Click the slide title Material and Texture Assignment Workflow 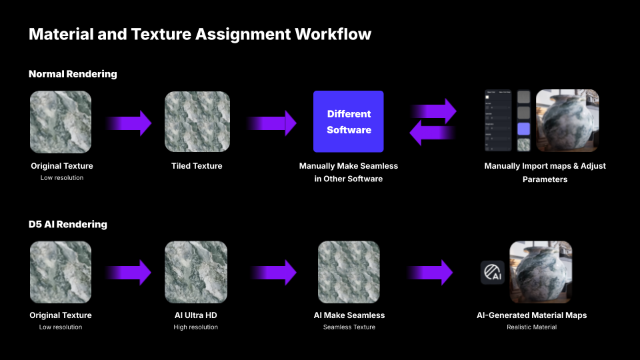[x=200, y=33]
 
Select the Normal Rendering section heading [x=73, y=74]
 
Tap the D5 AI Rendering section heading [x=68, y=225]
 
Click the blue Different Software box [x=349, y=121]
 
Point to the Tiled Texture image [x=197, y=121]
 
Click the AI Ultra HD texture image [x=196, y=272]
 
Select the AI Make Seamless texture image [x=349, y=272]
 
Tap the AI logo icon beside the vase [x=492, y=273]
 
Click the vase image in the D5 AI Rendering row [x=541, y=272]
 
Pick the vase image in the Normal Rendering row [x=567, y=121]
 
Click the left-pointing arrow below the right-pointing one [x=432, y=133]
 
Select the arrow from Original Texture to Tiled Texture [x=129, y=123]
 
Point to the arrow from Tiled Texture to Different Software [x=272, y=123]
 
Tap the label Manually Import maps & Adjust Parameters [x=545, y=172]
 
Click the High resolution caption [x=195, y=327]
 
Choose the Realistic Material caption [x=531, y=327]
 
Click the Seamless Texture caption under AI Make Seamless [x=349, y=327]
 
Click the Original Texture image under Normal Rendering [x=61, y=121]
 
